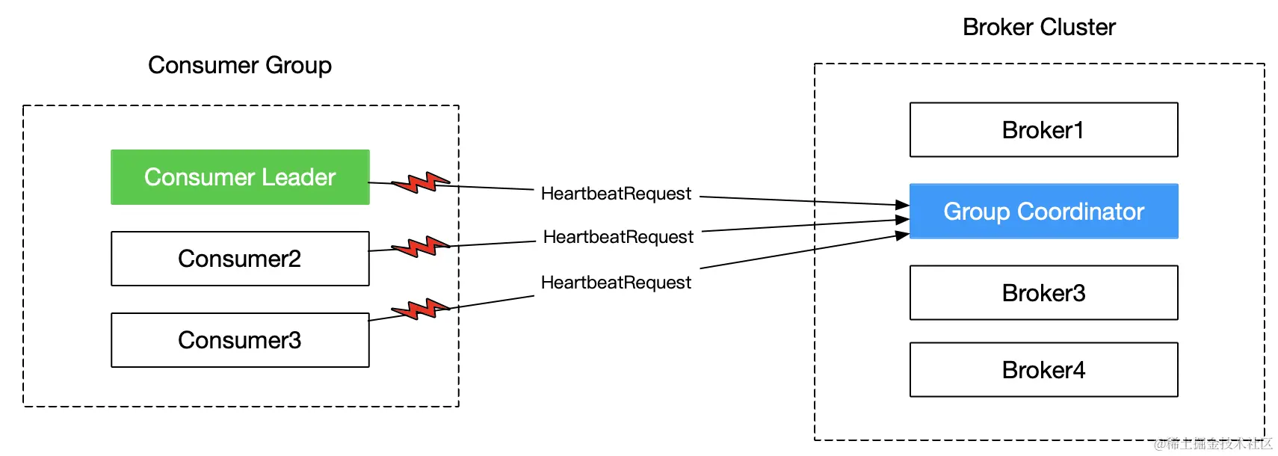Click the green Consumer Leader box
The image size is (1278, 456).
coord(240,177)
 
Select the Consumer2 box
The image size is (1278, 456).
coord(240,259)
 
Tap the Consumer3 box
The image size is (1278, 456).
coord(240,340)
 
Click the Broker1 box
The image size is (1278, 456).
coord(1043,130)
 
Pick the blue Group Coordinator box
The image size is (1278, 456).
coord(1043,212)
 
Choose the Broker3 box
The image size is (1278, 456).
coord(1043,293)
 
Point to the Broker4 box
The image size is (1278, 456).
coord(1043,370)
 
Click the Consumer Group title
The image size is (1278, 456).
coord(240,66)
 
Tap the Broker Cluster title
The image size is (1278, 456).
coord(1039,28)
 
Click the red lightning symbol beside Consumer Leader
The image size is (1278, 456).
coord(420,182)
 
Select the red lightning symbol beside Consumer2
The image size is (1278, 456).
coord(420,247)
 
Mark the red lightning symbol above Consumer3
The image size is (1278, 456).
coord(420,309)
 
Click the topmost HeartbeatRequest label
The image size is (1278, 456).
coord(616,194)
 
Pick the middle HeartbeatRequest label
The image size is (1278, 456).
coord(618,237)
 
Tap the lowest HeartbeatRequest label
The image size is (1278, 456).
coord(616,283)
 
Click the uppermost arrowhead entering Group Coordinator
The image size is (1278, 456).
coord(902,204)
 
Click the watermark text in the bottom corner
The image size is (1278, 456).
coord(1212,444)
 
